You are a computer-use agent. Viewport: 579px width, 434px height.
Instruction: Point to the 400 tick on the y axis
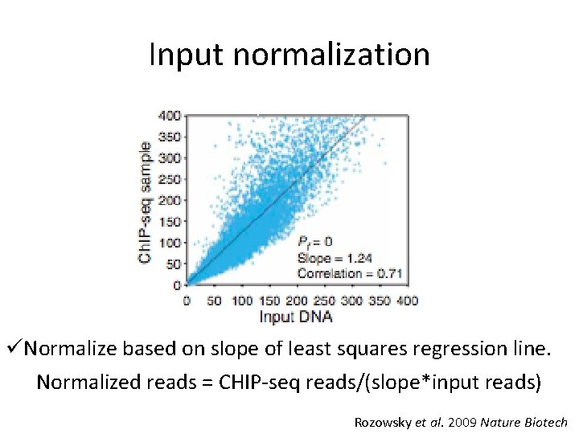[170, 116]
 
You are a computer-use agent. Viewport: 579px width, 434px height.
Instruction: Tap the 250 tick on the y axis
[170, 179]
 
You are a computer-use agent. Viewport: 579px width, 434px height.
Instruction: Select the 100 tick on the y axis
[170, 243]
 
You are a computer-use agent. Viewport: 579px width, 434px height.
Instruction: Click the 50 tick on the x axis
[215, 301]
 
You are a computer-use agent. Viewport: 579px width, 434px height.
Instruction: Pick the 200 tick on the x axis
[298, 301]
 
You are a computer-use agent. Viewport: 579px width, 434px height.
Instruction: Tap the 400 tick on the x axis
[408, 301]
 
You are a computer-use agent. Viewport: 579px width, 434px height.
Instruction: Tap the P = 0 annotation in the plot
[314, 242]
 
